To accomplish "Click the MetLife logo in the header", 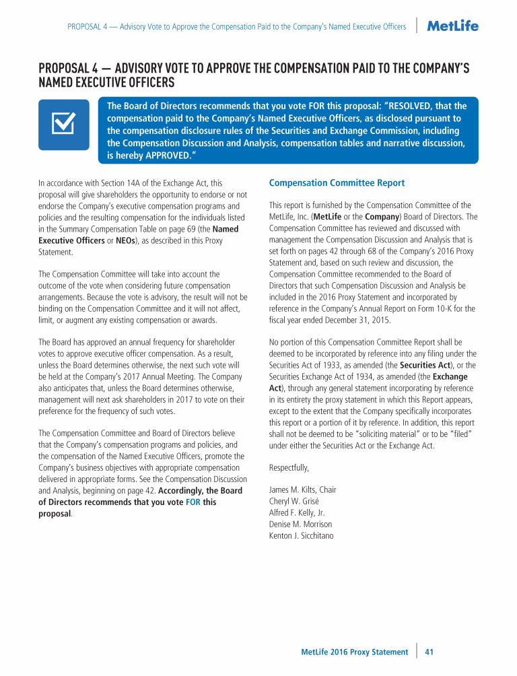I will pos(453,26).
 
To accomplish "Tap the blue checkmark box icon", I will pos(63,124).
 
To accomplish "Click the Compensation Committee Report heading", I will pos(337,182).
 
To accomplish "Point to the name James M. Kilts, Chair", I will pos(302,489).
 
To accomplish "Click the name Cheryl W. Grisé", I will pos(294,501).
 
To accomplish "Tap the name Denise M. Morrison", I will pos(300,524).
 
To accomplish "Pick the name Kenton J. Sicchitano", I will pos(301,535).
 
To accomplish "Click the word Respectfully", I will pos(289,467).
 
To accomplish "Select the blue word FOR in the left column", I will pos(193,502).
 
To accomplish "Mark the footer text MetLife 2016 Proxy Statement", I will pos(354,652).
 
